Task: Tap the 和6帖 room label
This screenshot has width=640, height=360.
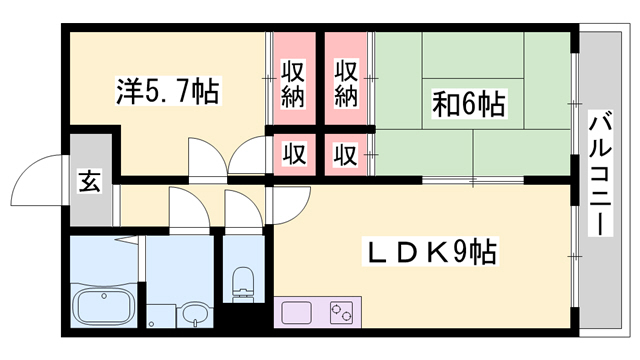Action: tap(468, 103)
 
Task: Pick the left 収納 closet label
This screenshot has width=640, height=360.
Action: tap(292, 84)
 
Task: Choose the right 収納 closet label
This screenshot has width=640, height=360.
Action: tap(346, 84)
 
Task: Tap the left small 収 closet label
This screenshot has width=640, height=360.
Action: tap(292, 155)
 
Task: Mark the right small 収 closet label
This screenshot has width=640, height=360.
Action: tap(346, 155)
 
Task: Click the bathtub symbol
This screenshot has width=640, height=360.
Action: tap(103, 303)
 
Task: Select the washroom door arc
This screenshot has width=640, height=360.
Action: tap(188, 207)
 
